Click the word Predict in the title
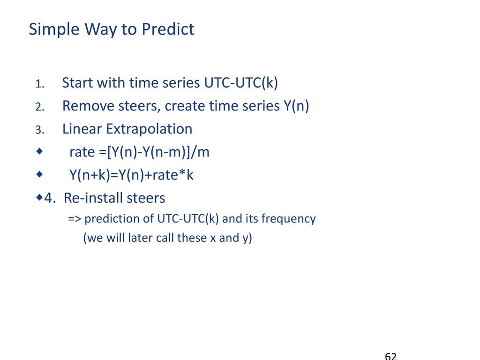pos(168,30)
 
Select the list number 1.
pos(39,84)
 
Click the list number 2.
pos(39,107)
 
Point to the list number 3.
pos(39,130)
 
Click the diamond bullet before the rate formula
pos(39,151)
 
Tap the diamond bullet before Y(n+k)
pos(39,174)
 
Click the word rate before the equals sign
pos(82,152)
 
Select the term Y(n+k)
pos(90,176)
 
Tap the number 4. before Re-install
pos(50,198)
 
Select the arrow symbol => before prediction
pos(75,219)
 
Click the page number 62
pos(390,356)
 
